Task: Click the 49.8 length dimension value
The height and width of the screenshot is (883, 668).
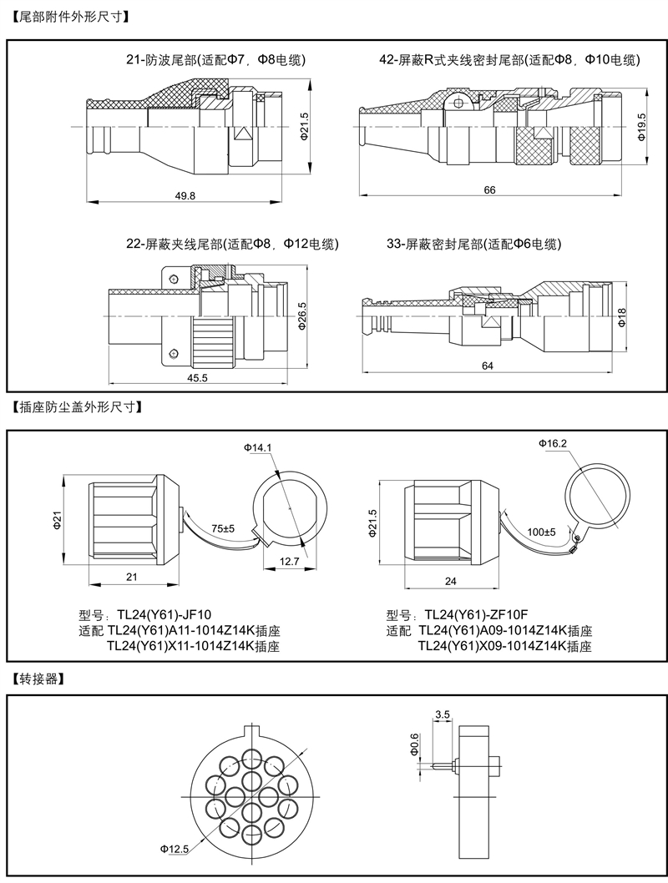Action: coord(185,195)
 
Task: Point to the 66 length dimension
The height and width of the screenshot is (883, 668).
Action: coord(489,190)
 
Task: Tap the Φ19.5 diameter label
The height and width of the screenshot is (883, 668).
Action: coord(640,126)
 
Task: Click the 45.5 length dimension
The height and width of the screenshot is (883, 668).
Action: coord(197,378)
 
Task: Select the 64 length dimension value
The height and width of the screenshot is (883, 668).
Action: coord(488,366)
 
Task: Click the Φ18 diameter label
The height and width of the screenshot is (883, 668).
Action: coord(622,316)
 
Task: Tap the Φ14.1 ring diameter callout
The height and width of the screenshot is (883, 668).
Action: coord(258,448)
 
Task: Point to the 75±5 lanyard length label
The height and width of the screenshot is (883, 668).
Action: coord(223,529)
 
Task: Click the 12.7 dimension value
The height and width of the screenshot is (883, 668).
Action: coord(289,562)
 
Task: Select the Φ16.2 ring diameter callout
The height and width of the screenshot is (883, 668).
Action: coord(553,442)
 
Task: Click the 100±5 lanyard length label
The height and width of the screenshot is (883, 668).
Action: coord(541,532)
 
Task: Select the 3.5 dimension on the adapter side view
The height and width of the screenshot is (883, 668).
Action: coord(443,714)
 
